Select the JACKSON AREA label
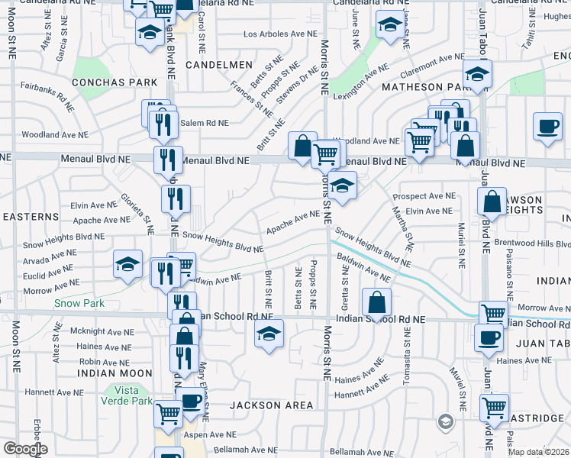click(x=273, y=405)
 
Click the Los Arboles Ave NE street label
click(x=280, y=34)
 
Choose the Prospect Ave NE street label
click(x=424, y=196)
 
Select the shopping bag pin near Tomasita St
click(x=377, y=302)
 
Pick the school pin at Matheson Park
click(x=478, y=73)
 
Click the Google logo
click(x=24, y=449)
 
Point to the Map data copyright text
click(x=539, y=452)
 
